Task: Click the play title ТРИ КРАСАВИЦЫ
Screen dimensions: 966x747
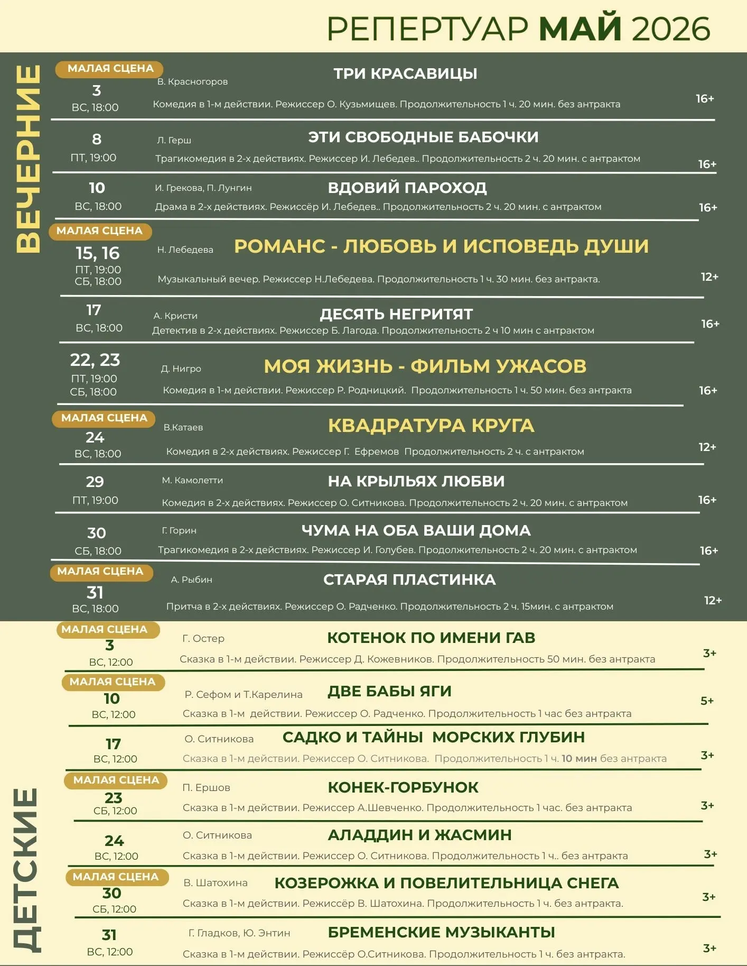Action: click(x=405, y=73)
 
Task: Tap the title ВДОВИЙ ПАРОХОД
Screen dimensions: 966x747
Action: click(x=407, y=188)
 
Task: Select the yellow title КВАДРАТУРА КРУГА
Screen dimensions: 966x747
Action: click(x=431, y=426)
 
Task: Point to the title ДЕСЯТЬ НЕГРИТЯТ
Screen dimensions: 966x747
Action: click(x=396, y=314)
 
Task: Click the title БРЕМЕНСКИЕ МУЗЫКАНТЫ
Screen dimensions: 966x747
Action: click(x=441, y=932)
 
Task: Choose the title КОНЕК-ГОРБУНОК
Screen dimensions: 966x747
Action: click(x=403, y=787)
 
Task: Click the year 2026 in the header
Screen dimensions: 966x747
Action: click(x=671, y=29)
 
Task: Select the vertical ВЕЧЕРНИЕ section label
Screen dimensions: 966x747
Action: click(x=28, y=159)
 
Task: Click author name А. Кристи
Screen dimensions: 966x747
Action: click(x=175, y=316)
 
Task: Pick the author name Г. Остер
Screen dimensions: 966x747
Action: click(x=203, y=638)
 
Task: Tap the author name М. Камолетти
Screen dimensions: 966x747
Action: click(x=192, y=480)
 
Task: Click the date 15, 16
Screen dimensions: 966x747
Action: click(x=98, y=253)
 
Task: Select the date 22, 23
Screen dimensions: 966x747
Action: click(x=95, y=360)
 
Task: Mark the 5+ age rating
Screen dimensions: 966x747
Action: click(x=707, y=701)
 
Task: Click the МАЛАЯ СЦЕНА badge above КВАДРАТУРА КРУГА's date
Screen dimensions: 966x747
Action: click(x=104, y=418)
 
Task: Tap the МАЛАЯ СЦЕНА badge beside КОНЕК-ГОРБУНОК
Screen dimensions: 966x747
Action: click(x=116, y=780)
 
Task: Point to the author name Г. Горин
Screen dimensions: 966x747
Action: click(x=179, y=530)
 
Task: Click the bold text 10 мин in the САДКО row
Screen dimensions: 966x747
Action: click(x=579, y=759)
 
